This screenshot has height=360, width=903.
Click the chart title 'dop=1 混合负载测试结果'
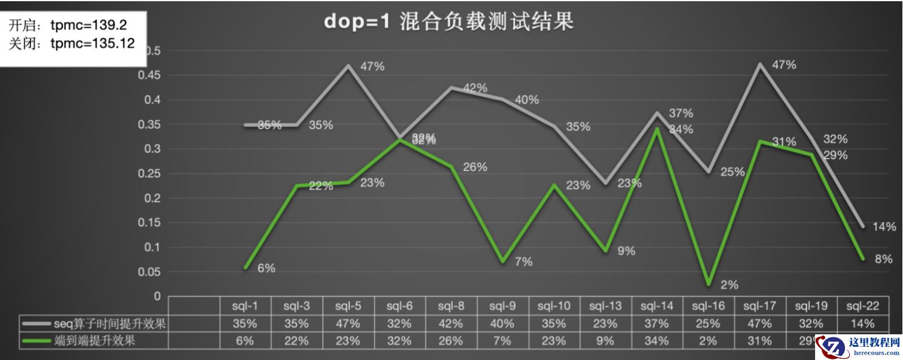tap(449, 22)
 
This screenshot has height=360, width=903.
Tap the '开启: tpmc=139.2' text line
tap(68, 25)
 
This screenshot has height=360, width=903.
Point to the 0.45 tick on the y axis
tap(150, 75)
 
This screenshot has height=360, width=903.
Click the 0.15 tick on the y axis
tap(150, 222)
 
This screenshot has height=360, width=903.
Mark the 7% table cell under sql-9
tap(502, 341)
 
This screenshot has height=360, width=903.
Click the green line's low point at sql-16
tap(708, 284)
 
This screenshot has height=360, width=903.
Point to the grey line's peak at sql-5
tap(348, 65)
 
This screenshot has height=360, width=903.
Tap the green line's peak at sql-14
tap(657, 129)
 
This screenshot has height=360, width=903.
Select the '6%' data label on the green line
tap(266, 269)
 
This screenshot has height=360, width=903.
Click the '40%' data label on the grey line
tap(526, 100)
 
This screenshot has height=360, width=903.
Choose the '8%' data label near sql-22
tap(883, 259)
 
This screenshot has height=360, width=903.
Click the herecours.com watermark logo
tap(858, 346)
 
